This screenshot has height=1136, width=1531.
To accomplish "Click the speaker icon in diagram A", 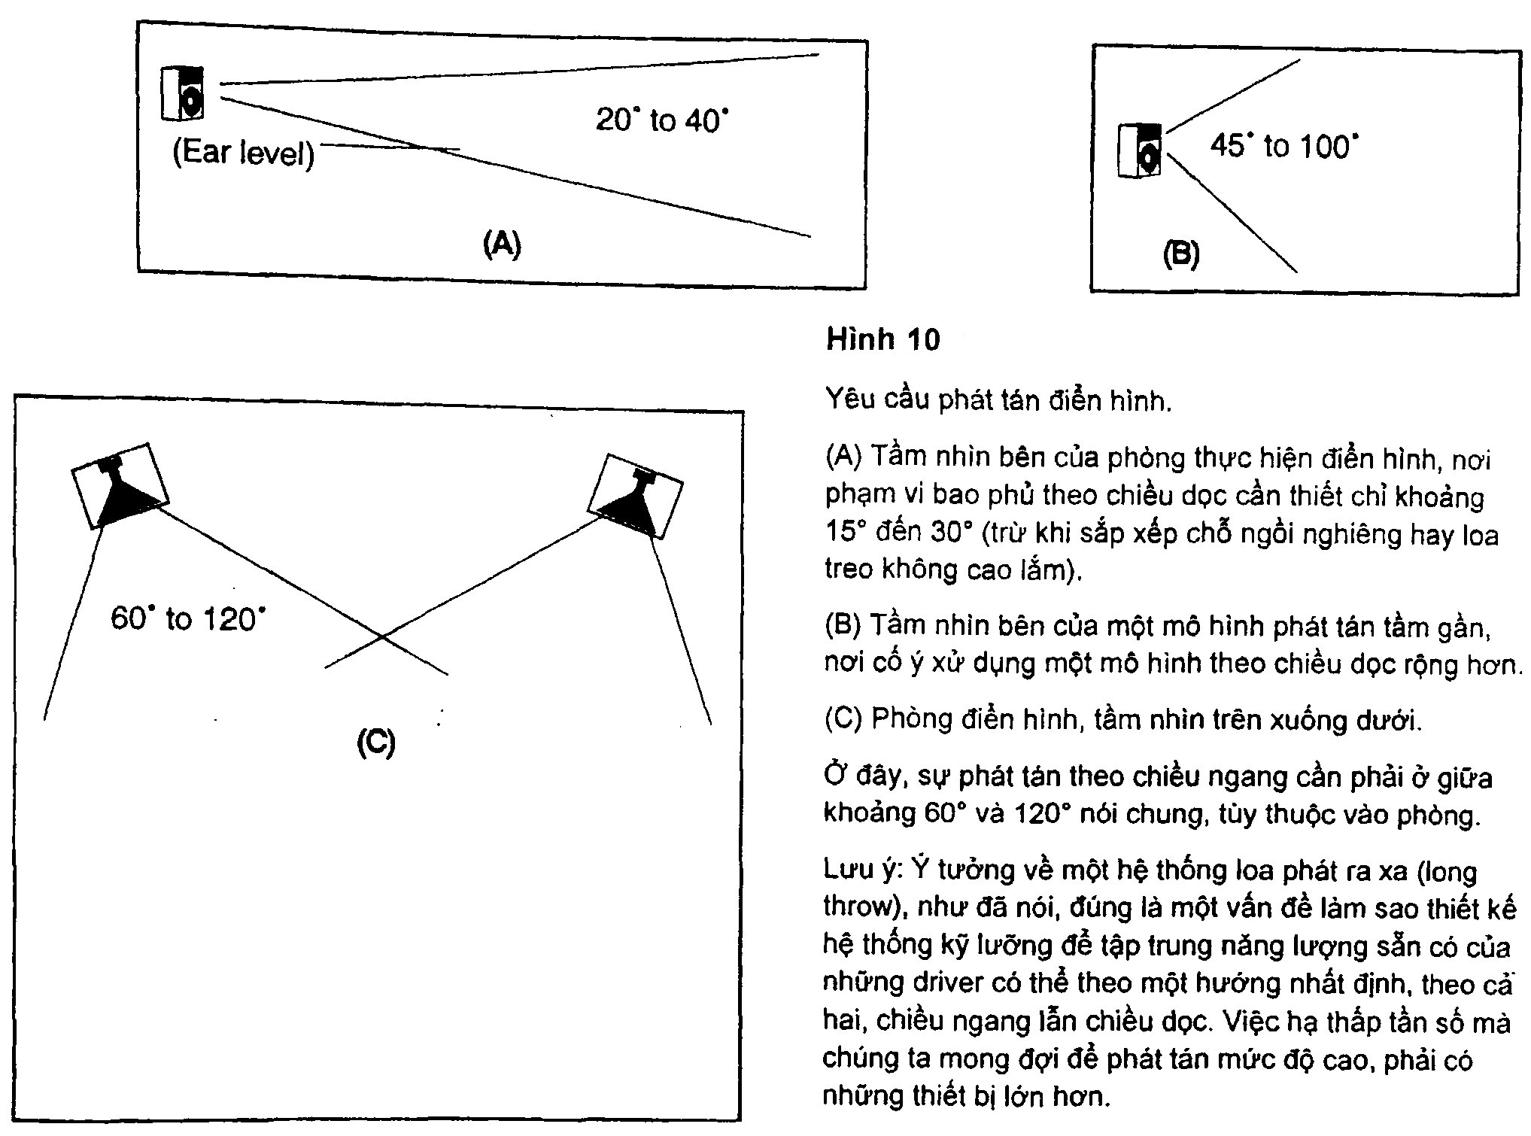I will point(183,93).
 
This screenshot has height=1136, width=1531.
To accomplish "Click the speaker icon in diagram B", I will point(1140,150).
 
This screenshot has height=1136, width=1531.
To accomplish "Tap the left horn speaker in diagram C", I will point(120,486).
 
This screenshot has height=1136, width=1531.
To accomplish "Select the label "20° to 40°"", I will point(662,120).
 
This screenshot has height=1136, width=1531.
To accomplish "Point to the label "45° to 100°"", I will point(1285,146).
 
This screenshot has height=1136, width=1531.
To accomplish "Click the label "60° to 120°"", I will point(188,620).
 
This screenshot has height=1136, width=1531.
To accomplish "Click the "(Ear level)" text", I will point(243,154).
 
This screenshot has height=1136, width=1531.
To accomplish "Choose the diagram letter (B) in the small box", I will point(1181,254).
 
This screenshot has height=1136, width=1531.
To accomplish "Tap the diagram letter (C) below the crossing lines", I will point(375,743).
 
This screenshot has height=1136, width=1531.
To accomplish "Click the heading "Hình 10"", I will point(883,340).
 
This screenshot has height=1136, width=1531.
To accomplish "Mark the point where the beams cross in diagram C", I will point(383,638).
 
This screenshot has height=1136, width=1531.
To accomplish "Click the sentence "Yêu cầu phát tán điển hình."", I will point(998,400).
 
